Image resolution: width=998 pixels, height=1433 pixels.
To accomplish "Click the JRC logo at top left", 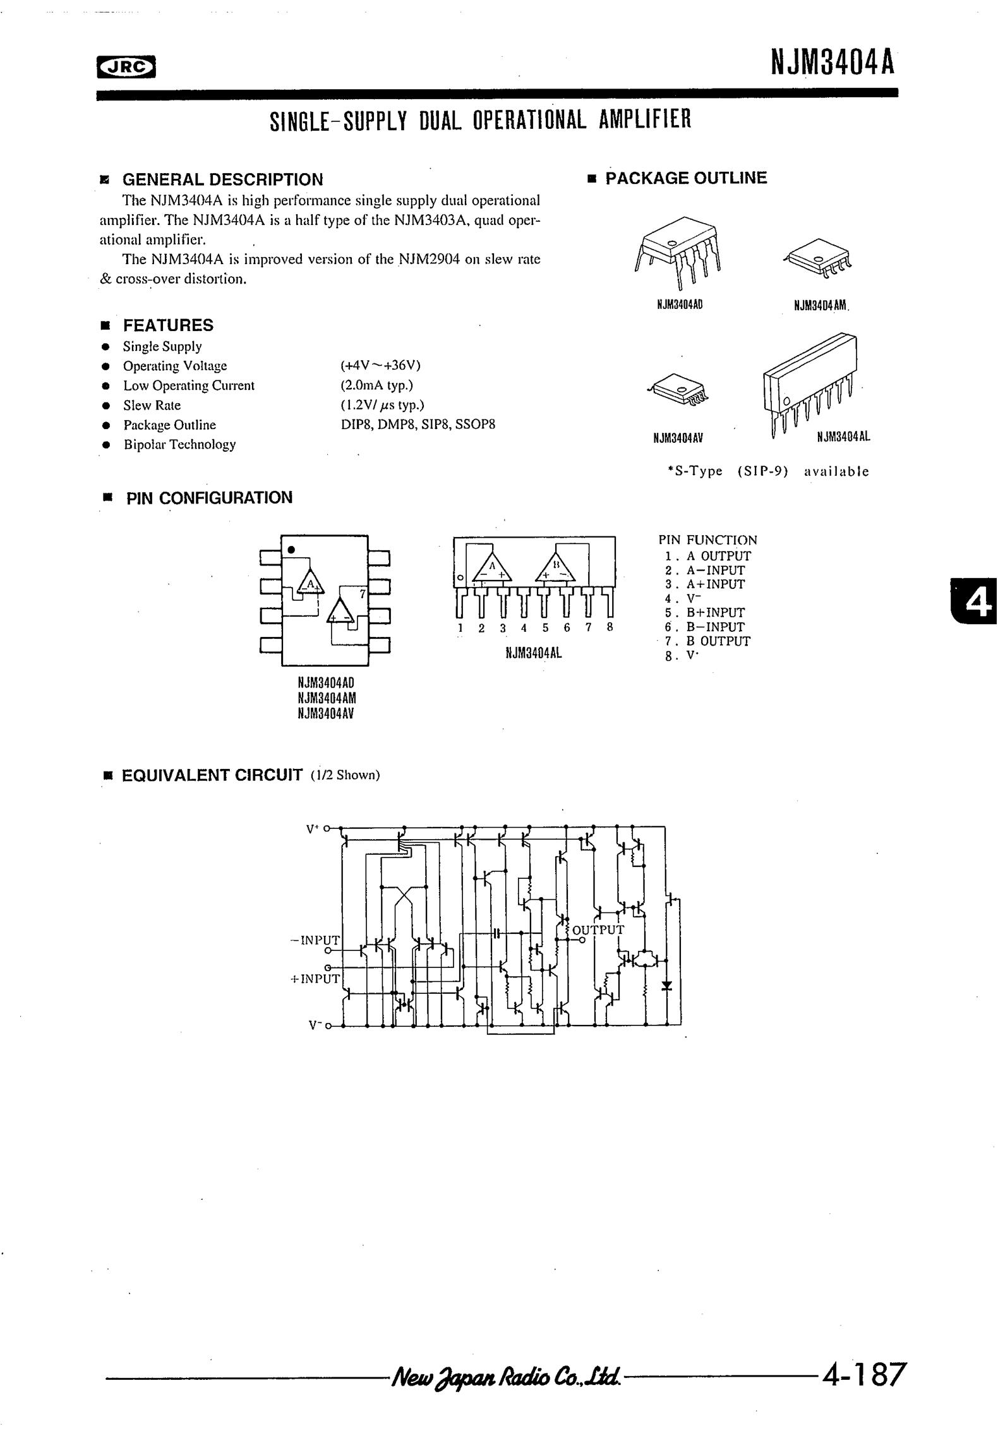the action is [126, 66].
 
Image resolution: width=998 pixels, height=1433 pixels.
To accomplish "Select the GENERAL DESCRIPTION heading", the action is [222, 179].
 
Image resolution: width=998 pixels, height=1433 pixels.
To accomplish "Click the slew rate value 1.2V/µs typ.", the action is [382, 405].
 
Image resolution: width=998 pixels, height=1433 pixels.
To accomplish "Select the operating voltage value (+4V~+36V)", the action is [380, 366].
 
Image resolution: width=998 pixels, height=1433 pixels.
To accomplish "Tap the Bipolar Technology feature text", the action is [179, 444].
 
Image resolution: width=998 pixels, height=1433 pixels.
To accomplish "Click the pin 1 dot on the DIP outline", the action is [291, 549].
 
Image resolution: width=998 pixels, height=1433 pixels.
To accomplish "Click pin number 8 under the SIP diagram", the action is [610, 628].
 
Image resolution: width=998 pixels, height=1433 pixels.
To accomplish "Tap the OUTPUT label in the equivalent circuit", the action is [598, 930].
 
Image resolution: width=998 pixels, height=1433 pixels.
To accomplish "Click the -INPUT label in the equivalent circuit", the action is [315, 940].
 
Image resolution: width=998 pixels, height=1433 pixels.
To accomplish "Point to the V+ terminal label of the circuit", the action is [313, 828].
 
